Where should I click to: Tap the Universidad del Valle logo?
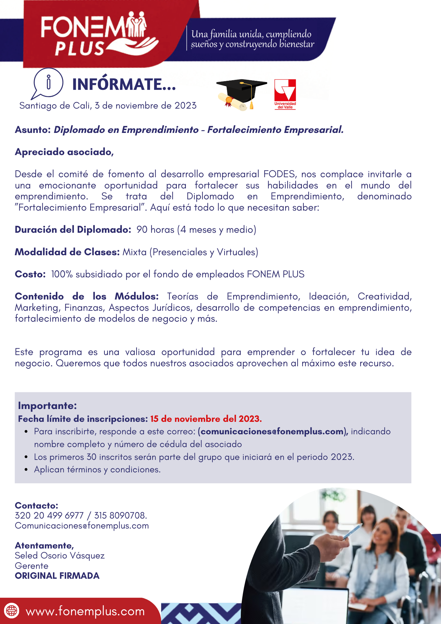(x=285, y=94)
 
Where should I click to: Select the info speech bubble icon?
(x=48, y=83)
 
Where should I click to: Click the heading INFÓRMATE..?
(x=124, y=85)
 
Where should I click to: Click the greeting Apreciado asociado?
(x=64, y=152)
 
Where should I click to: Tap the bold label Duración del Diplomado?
(x=73, y=230)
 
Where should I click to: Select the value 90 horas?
(x=155, y=230)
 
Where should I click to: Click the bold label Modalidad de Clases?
(x=67, y=252)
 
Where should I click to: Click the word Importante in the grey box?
(x=47, y=406)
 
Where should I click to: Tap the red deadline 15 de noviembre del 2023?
(x=206, y=419)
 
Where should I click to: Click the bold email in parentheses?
(x=273, y=431)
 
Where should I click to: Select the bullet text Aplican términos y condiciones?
(x=97, y=470)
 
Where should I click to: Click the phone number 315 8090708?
(x=120, y=515)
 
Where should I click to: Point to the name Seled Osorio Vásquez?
(x=60, y=556)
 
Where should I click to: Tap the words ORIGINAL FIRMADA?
(x=57, y=576)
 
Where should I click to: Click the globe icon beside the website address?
(x=12, y=611)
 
